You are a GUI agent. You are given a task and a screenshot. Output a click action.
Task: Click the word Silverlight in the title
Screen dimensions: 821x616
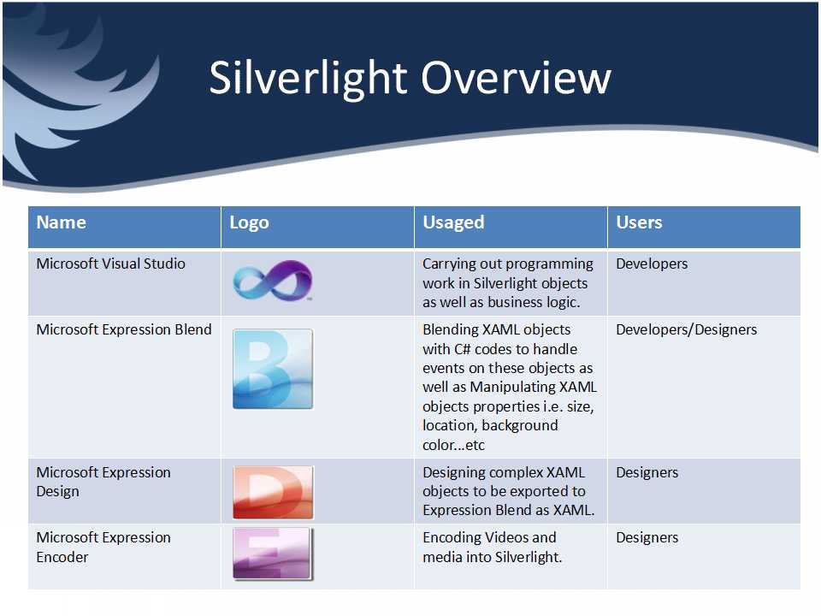pos(308,79)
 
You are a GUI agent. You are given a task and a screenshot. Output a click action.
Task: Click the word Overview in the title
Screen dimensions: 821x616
pos(517,78)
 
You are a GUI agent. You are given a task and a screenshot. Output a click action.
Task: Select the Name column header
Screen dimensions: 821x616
pos(62,222)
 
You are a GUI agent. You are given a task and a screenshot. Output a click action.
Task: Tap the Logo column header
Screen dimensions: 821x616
pos(249,223)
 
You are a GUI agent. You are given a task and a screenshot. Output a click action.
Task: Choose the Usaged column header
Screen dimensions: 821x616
pos(453,223)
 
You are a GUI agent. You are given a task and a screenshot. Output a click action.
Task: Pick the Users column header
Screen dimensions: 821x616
pos(639,222)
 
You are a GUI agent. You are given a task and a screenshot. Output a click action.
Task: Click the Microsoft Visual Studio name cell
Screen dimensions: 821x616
pos(110,264)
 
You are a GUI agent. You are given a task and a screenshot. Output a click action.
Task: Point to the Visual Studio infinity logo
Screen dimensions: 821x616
pos(273,281)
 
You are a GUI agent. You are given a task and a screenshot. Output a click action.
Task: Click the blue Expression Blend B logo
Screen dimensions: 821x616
pos(273,369)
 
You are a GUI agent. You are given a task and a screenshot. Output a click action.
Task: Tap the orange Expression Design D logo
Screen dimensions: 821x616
pos(273,493)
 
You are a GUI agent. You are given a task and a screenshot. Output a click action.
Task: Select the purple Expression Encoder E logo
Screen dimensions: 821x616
pos(273,554)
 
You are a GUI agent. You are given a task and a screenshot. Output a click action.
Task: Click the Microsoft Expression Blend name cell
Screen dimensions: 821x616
pos(124,329)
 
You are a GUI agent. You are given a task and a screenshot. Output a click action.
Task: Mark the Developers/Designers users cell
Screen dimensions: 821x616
pos(687,330)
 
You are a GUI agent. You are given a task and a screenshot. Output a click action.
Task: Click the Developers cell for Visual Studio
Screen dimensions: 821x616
pos(652,264)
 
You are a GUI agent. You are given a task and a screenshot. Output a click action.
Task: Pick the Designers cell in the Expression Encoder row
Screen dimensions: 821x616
pos(647,538)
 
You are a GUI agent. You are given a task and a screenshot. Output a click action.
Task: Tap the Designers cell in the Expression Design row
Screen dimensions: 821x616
pos(647,473)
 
